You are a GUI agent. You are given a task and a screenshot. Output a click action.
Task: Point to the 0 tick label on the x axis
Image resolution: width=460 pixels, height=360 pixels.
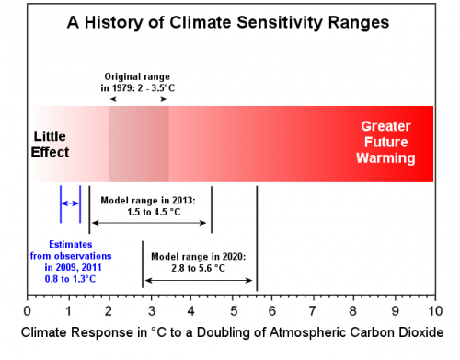(28, 309)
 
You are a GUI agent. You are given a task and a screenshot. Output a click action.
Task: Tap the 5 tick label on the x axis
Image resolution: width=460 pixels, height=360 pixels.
(232, 309)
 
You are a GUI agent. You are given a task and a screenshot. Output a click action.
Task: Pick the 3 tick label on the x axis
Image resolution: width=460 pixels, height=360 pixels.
(150, 309)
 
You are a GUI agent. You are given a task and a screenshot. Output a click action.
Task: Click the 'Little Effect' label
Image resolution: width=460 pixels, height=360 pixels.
(51, 144)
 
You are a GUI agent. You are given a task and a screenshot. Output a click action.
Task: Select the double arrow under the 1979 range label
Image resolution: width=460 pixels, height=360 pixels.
(139, 97)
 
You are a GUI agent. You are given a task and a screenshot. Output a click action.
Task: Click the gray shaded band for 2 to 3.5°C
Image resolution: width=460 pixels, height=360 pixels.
(139, 144)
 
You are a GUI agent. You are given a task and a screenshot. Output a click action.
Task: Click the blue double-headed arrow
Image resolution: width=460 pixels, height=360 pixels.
(71, 203)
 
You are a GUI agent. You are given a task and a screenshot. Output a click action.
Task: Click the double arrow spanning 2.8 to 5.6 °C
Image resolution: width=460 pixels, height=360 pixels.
(200, 279)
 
